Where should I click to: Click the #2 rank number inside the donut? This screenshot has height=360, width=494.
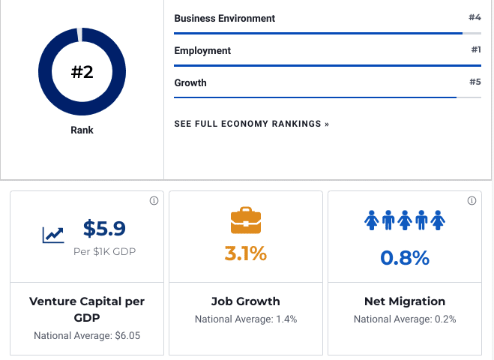(82, 73)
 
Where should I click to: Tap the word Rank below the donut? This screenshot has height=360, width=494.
(82, 130)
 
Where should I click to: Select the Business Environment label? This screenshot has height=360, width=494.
(224, 18)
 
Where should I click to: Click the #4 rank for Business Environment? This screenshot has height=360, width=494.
(474, 17)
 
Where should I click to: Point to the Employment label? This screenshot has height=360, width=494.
(202, 50)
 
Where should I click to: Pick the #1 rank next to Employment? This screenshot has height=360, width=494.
(475, 49)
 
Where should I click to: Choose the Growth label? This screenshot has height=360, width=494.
(190, 82)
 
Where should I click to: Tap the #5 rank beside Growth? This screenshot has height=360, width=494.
(475, 82)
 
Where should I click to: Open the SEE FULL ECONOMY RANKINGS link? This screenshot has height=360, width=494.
(251, 124)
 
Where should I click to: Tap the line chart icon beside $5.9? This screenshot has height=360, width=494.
(52, 235)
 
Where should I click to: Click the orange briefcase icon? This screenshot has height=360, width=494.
(246, 220)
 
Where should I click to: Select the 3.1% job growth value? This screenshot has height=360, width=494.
(246, 253)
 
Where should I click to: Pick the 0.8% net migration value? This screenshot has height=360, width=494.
(405, 258)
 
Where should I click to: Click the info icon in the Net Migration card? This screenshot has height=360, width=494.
(472, 201)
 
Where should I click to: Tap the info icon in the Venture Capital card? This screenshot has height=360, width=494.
(154, 201)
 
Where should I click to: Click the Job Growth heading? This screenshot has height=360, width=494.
(246, 301)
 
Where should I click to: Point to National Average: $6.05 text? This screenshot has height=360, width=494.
(87, 335)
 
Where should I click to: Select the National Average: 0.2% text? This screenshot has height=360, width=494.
(405, 319)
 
